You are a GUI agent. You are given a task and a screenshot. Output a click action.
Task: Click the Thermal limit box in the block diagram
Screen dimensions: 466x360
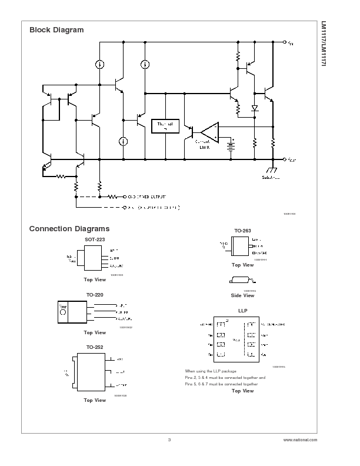[x=165, y=126]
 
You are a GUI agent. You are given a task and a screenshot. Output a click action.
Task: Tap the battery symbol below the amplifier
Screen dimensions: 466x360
[x=231, y=145]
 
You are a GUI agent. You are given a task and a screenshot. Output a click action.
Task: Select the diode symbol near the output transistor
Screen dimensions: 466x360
[x=255, y=108]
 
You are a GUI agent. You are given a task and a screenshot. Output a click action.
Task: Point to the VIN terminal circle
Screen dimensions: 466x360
[x=285, y=42]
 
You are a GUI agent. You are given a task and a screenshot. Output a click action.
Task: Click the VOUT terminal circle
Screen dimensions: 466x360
[x=285, y=159]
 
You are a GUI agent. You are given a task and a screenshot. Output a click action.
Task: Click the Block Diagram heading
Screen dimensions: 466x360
[x=56, y=30]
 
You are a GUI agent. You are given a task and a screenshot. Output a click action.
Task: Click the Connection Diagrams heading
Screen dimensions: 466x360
[x=69, y=229]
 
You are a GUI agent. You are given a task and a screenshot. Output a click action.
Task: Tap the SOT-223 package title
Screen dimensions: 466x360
[x=95, y=240]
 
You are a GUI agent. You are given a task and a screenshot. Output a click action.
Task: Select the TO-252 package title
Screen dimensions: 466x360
[x=95, y=347]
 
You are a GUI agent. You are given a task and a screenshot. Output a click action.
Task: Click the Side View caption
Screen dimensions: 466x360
[x=242, y=295]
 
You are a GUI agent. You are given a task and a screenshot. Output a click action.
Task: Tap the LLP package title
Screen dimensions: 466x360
[x=243, y=310]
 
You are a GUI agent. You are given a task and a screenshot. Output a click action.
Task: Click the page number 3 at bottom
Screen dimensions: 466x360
[x=169, y=440]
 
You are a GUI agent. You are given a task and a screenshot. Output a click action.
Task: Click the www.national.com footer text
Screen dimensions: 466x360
[x=299, y=440]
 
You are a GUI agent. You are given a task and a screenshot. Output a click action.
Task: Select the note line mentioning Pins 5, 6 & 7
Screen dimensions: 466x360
[x=221, y=384]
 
